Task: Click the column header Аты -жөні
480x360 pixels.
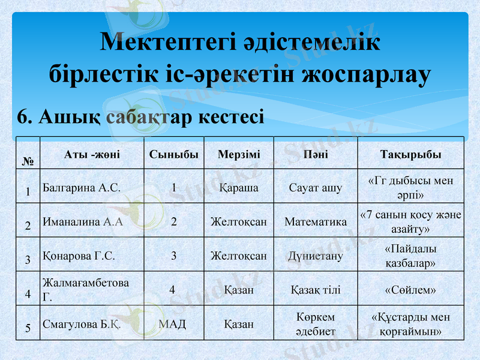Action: click(92, 155)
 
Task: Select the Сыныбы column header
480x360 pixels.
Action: click(173, 155)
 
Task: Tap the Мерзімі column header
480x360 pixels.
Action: click(239, 155)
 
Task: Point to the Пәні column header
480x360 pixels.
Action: click(316, 155)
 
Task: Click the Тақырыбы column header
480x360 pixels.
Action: click(410, 155)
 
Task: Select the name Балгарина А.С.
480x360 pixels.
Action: click(82, 187)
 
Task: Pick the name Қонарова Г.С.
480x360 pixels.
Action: click(79, 256)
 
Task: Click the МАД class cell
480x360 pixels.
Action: click(173, 325)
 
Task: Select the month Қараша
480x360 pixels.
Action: click(239, 187)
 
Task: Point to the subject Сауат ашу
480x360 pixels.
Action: click(316, 187)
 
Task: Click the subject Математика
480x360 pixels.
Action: click(316, 221)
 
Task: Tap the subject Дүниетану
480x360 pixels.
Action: click(316, 256)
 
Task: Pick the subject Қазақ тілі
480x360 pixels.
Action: click(316, 290)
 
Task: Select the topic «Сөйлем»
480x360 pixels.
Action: click(410, 290)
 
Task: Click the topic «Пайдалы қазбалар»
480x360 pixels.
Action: click(410, 256)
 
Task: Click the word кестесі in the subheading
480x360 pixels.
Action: click(232, 116)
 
